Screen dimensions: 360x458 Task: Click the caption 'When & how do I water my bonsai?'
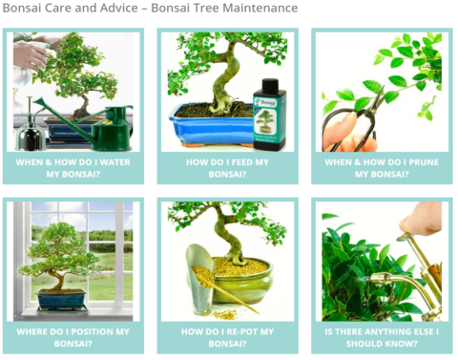(73, 168)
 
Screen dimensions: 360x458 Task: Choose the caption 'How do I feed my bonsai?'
(227, 168)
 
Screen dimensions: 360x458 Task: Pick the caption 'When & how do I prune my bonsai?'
(381, 168)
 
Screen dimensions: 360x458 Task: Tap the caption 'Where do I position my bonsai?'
(73, 337)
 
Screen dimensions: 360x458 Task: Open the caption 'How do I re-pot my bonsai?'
(227, 337)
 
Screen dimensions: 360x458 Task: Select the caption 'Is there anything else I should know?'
(381, 337)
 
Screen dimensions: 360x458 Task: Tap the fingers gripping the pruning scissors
(334, 134)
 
